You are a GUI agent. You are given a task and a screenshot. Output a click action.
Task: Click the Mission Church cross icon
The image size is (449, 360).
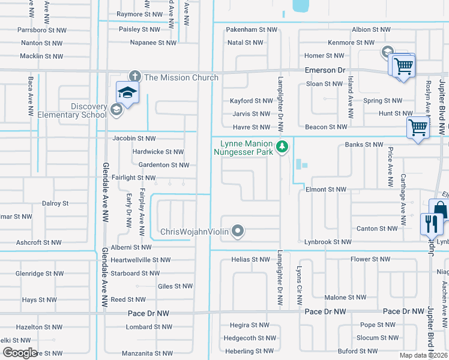point(135,77)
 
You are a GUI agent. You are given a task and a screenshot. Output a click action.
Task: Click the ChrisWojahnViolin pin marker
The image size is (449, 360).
point(238,231)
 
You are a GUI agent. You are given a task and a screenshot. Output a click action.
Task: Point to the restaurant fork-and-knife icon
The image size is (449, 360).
point(431,224)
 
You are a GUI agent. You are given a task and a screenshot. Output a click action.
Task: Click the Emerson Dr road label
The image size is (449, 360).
point(326,70)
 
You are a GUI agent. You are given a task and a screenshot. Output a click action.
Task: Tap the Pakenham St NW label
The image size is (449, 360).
point(253,29)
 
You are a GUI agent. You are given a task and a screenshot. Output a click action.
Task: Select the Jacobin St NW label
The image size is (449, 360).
point(134,139)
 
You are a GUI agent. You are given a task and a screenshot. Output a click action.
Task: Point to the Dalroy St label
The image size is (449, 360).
point(55,203)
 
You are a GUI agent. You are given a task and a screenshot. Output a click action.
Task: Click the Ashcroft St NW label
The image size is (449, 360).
point(39,242)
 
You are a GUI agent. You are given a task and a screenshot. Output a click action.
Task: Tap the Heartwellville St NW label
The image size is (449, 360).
point(137,260)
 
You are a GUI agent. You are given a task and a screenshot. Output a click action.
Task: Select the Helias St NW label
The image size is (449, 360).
point(251,259)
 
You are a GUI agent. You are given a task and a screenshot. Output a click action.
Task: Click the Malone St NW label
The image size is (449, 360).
point(344,298)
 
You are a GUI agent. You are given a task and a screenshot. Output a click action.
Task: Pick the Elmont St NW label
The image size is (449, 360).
point(326,189)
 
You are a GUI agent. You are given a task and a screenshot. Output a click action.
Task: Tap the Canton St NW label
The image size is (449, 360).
point(376,229)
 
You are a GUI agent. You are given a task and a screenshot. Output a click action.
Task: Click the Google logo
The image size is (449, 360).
point(19,352)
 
